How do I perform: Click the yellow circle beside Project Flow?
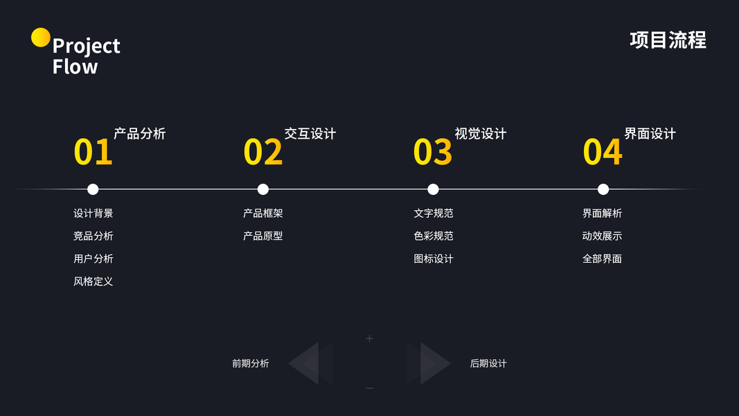pyautogui.click(x=41, y=37)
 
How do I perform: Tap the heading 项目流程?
pyautogui.click(x=668, y=40)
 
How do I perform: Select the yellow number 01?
pyautogui.click(x=93, y=153)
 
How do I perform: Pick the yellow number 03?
pyautogui.click(x=432, y=153)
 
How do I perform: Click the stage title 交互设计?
pyautogui.click(x=310, y=134)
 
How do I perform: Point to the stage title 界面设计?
pyautogui.click(x=650, y=134)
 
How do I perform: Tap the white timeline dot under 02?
pyautogui.click(x=262, y=189)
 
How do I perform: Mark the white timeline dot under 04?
pyautogui.click(x=603, y=189)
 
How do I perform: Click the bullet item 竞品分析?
pyautogui.click(x=93, y=236)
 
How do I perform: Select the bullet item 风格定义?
pyautogui.click(x=93, y=281)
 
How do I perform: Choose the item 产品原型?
pyautogui.click(x=262, y=236)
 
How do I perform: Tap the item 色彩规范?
pyautogui.click(x=433, y=236)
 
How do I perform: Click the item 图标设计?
pyautogui.click(x=433, y=259)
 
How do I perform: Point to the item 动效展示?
pyautogui.click(x=602, y=236)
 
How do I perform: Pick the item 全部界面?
pyautogui.click(x=602, y=259)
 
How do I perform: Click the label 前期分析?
pyautogui.click(x=250, y=363)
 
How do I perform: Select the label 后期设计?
pyautogui.click(x=488, y=363)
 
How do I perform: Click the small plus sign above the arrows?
pyautogui.click(x=369, y=338)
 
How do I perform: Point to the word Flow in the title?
pyautogui.click(x=75, y=67)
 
